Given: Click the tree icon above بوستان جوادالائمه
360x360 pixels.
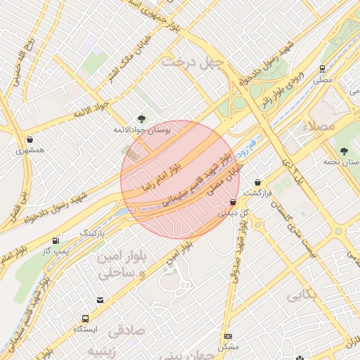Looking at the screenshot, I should click(141, 119).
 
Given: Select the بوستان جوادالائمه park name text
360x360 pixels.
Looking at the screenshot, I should click(141, 131).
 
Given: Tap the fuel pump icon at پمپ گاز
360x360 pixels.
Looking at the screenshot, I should click(56, 240).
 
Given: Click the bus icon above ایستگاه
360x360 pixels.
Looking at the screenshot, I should click(86, 318).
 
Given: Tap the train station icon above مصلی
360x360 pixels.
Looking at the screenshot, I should click(322, 69).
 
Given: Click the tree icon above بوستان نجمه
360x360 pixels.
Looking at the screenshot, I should click(344, 151).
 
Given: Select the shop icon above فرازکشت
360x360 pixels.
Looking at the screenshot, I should click(258, 181).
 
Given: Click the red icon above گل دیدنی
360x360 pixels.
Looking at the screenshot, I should click(233, 202).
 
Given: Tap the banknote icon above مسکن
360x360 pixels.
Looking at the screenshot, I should click(228, 336).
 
